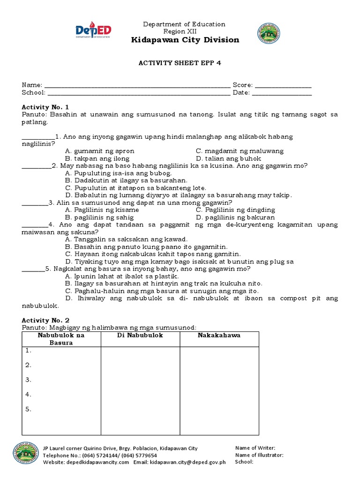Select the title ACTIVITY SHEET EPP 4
click(180, 64)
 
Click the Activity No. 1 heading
click(45, 107)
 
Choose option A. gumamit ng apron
click(100, 151)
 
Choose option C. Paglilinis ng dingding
click(235, 210)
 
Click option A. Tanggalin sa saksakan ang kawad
click(127, 239)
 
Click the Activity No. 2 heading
click(45, 320)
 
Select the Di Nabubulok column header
click(140, 336)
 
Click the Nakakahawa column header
click(219, 336)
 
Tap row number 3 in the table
click(29, 380)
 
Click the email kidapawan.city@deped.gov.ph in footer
click(180, 462)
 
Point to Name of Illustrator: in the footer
click(259, 455)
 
